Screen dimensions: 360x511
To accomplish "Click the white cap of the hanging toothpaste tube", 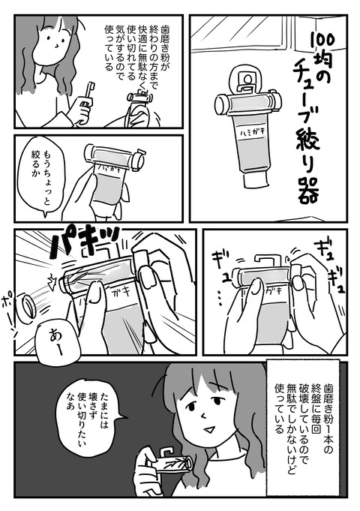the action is [256, 179].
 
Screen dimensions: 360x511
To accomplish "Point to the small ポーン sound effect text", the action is [10, 310].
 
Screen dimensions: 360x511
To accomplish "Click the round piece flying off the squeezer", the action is [28, 307].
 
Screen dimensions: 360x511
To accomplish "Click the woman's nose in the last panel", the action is [204, 416].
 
